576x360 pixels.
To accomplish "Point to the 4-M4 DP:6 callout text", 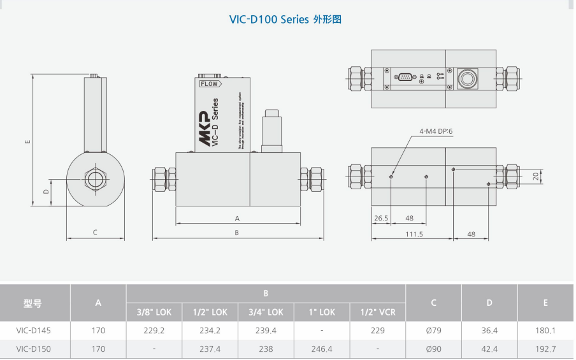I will (435, 131).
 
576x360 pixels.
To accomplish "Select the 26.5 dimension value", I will (381, 218).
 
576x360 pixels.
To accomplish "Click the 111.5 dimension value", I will (414, 234).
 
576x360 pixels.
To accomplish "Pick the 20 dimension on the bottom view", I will (535, 176).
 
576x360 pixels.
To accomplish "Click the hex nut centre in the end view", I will (96, 177).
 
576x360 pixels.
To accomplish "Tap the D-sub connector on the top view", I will (404, 77).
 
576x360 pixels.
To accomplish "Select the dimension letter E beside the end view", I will (27, 141).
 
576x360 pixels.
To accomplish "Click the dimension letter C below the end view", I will (95, 233).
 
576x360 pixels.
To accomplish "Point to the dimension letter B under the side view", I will (236, 233).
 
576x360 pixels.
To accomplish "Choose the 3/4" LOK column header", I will (266, 312).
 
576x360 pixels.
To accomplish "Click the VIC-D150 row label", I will (33, 349).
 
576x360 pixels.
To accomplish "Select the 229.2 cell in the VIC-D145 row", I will (154, 331).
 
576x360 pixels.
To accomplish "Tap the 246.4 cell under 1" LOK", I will (322, 349).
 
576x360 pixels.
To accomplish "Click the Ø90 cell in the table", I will (433, 349).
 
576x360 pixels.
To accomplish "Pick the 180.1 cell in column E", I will (545, 331).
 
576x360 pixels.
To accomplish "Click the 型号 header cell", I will (33, 303).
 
